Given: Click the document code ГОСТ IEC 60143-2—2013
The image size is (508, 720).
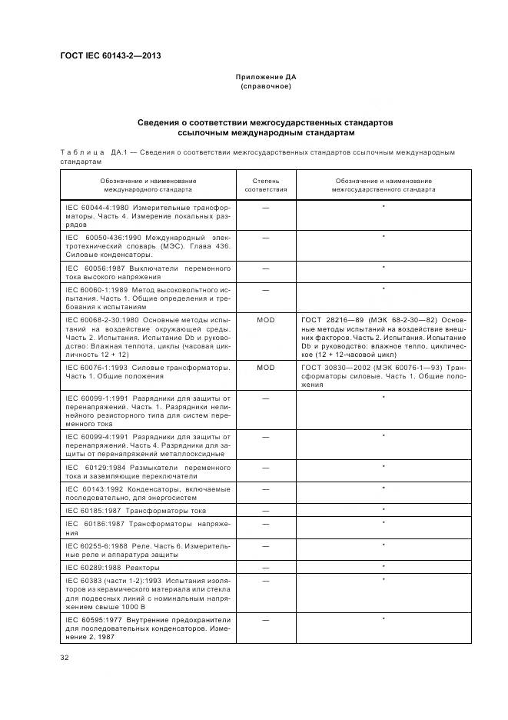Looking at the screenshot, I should [x=110, y=55].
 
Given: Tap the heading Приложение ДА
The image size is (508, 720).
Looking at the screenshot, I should [x=266, y=78].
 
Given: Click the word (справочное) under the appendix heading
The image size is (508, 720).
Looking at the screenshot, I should [x=266, y=87].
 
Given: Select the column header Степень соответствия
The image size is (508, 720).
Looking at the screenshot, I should [x=266, y=185].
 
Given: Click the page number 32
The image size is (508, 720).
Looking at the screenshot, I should [x=65, y=657].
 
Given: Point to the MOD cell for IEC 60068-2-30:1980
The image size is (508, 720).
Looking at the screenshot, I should [x=266, y=318].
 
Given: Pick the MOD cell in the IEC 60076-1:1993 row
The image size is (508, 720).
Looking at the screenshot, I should [x=266, y=368].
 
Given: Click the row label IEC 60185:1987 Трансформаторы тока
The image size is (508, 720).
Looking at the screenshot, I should [x=135, y=510].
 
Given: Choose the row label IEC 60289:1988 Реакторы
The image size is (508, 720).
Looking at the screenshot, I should [x=116, y=567].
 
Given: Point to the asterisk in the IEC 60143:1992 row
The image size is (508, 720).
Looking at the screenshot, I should [x=383, y=488].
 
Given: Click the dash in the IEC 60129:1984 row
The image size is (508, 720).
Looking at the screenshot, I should [x=266, y=468].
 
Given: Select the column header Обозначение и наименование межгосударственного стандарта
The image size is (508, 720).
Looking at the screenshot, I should [x=383, y=185].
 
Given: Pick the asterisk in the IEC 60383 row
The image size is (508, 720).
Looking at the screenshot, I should [x=383, y=579].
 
